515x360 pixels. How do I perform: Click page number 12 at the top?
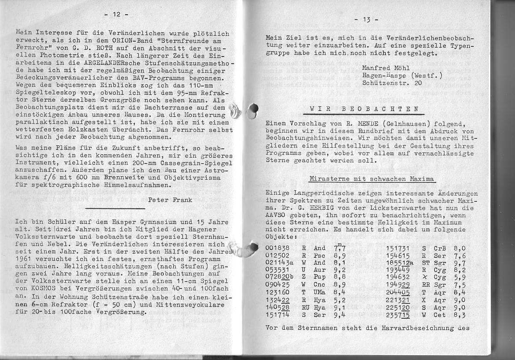(116, 14)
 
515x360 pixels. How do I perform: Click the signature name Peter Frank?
(170, 200)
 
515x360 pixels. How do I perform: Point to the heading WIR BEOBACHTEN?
(364, 109)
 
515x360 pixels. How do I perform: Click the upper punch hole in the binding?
(252, 111)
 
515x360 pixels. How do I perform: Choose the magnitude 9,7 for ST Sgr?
(459, 263)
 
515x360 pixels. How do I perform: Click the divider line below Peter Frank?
(115, 208)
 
